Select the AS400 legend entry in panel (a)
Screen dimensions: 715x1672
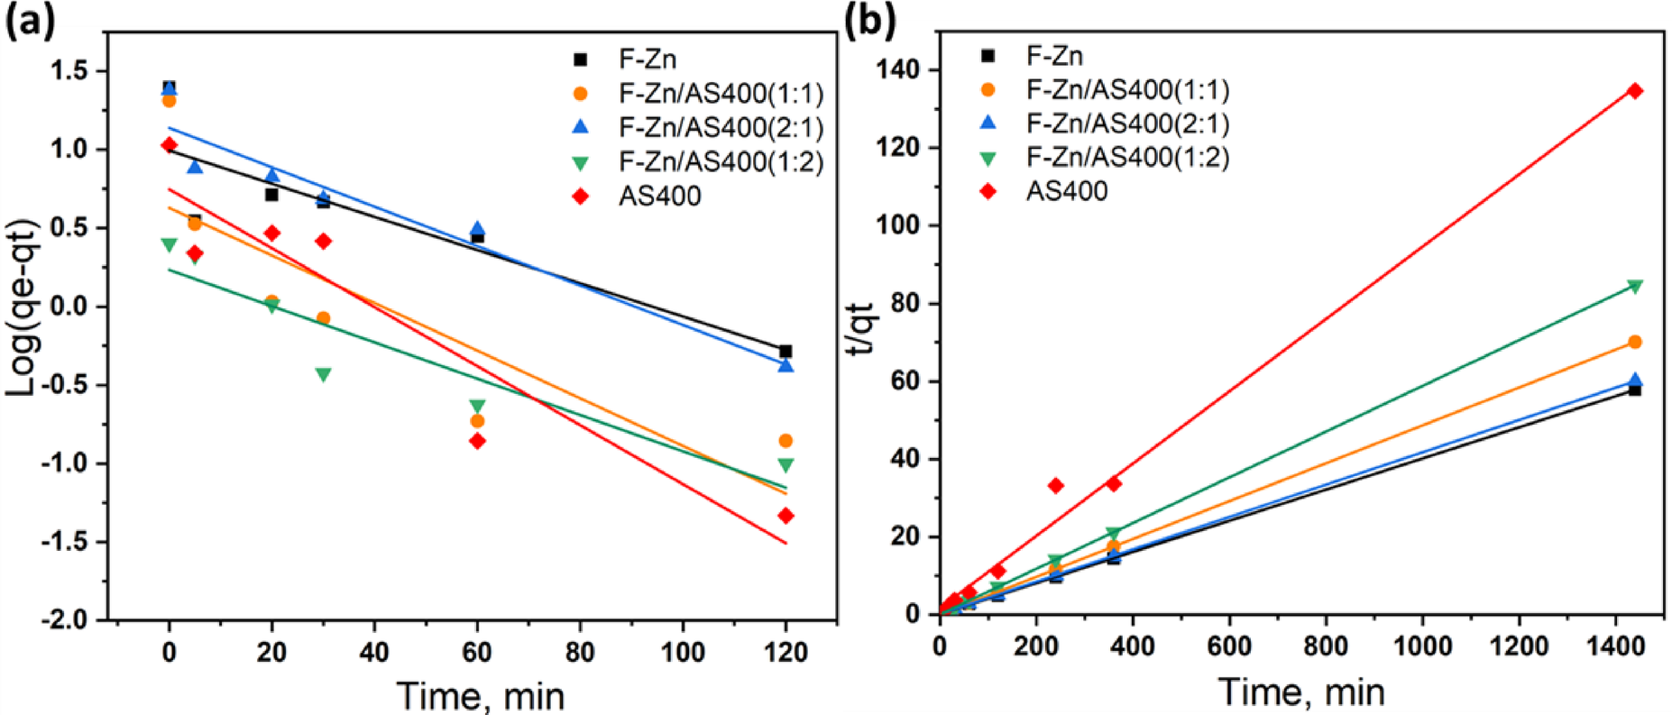pyautogui.click(x=659, y=196)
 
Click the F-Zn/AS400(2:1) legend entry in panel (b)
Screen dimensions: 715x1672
pyautogui.click(x=1127, y=124)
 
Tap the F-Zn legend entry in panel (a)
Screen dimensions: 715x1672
pyautogui.click(x=647, y=60)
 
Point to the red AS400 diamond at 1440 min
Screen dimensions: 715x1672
pyautogui.click(x=1634, y=91)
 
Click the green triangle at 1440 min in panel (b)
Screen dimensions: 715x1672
pyautogui.click(x=1634, y=287)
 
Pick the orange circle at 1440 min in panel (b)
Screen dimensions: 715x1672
pyautogui.click(x=1634, y=342)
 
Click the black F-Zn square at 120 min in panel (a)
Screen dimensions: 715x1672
pyautogui.click(x=785, y=352)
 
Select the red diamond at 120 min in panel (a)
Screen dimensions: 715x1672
pyautogui.click(x=785, y=516)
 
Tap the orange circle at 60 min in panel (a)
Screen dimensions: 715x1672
pyautogui.click(x=477, y=421)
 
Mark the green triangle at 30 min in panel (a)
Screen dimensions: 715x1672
pyautogui.click(x=323, y=374)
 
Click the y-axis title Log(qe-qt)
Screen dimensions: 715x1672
pyautogui.click(x=22, y=307)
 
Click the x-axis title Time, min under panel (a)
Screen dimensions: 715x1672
pyautogui.click(x=480, y=696)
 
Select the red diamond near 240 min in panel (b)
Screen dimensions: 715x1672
pyautogui.click(x=1056, y=486)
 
